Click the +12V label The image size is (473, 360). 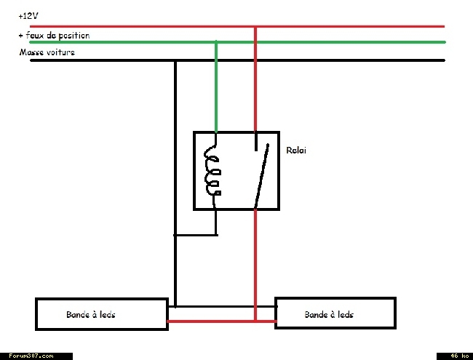pyautogui.click(x=28, y=16)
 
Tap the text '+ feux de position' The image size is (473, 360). pyautogui.click(x=55, y=36)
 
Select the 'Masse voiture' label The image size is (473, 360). pyautogui.click(x=47, y=52)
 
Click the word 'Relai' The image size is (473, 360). pyautogui.click(x=296, y=150)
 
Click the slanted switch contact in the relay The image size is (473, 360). pyautogui.click(x=262, y=176)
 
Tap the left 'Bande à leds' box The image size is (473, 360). pyautogui.click(x=102, y=314)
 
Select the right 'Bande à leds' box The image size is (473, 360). pyautogui.click(x=335, y=313)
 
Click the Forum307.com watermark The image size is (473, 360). pyautogui.click(x=31, y=356)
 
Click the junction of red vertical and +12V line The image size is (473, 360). pyautogui.click(x=255, y=27)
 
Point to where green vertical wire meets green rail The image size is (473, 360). pyautogui.click(x=216, y=42)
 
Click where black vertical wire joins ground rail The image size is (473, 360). pyautogui.click(x=175, y=60)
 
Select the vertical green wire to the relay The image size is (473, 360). pyautogui.click(x=216, y=87)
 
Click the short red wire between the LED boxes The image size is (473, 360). pyautogui.click(x=222, y=321)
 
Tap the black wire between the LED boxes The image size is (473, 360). pyautogui.click(x=223, y=307)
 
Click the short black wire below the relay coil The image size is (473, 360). pyautogui.click(x=215, y=223)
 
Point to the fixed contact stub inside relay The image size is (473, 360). pyautogui.click(x=256, y=141)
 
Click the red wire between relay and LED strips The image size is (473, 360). pyautogui.click(x=255, y=265)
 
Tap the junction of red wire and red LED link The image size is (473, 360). pyautogui.click(x=255, y=321)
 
